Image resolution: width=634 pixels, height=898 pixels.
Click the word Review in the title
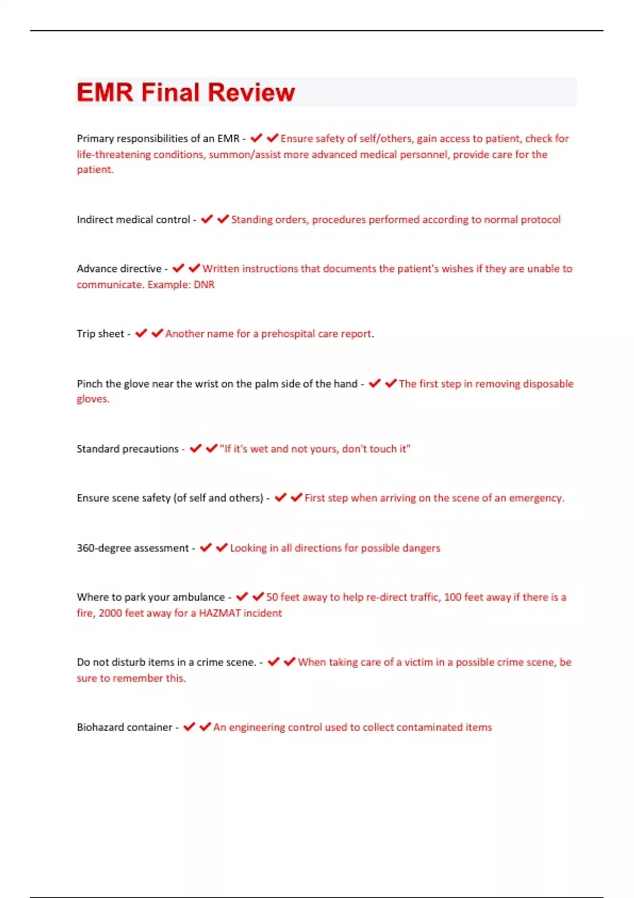coord(251,92)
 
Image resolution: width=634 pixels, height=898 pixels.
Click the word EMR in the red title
coord(105,92)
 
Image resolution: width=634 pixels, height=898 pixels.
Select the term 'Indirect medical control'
coord(133,220)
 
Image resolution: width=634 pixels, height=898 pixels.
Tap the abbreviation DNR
coord(204,285)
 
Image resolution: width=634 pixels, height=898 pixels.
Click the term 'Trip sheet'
coord(100,334)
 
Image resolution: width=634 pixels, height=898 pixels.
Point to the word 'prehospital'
coord(288,334)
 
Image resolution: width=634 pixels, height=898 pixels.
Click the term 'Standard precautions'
coord(127,449)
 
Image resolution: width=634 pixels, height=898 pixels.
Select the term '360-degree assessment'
coord(133,548)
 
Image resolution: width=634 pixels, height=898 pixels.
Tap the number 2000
coord(110,613)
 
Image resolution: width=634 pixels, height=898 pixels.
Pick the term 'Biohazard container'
coord(124,727)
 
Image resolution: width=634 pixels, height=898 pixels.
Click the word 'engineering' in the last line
coord(257,727)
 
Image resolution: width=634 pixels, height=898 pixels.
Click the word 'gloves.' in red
coord(93,399)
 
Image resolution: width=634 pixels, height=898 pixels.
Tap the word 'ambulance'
coord(199,597)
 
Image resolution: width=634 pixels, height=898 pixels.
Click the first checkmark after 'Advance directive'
coord(179,268)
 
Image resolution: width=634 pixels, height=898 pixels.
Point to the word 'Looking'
coord(248,548)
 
